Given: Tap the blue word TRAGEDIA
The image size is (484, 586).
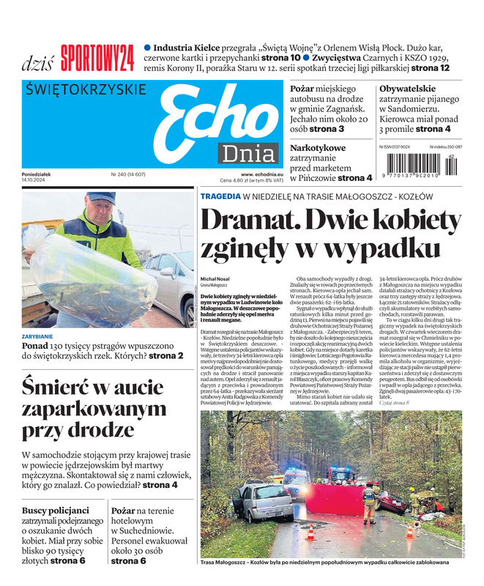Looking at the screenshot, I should pos(220,196).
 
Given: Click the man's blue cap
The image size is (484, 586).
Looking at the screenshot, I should pos(100,198).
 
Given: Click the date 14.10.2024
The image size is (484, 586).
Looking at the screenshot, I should pos(34,180).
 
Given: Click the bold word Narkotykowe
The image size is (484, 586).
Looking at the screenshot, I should pos(318,148).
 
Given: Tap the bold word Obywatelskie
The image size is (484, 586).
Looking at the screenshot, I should pos(408,89).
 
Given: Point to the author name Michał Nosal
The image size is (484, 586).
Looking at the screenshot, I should pos(215,278).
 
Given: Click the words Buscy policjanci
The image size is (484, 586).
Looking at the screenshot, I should pos(56,510).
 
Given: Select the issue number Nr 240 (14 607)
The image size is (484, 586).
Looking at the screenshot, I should pos(128,174).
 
